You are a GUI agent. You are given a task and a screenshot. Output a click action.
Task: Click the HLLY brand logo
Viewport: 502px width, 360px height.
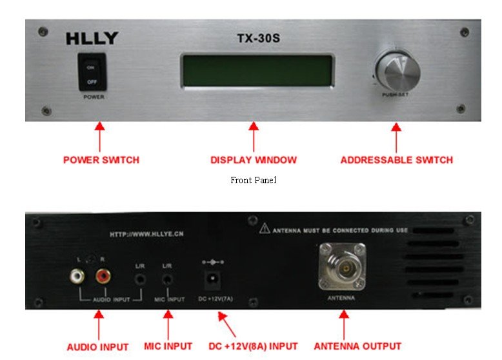(92, 39)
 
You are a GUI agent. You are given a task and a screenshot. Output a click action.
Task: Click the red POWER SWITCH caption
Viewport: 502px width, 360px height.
(101, 159)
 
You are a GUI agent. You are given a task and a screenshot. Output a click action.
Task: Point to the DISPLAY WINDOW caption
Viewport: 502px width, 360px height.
(254, 159)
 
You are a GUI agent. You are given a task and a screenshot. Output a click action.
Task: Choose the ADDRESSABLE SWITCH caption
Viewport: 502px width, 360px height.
(396, 159)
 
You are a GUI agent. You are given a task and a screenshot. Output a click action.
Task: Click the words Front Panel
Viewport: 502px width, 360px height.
(253, 180)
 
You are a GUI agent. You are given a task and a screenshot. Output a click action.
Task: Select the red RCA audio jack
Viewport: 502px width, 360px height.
(103, 276)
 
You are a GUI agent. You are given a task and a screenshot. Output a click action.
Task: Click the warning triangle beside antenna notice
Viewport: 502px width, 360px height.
(265, 229)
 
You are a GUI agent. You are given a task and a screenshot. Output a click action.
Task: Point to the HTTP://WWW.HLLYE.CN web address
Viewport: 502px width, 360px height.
(146, 235)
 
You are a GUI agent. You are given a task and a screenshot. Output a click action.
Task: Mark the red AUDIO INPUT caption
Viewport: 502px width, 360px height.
(97, 346)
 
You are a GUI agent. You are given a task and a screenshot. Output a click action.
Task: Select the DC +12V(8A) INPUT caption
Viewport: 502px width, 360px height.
(253, 346)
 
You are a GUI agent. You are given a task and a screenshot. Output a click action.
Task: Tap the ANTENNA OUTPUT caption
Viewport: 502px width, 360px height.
(357, 346)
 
